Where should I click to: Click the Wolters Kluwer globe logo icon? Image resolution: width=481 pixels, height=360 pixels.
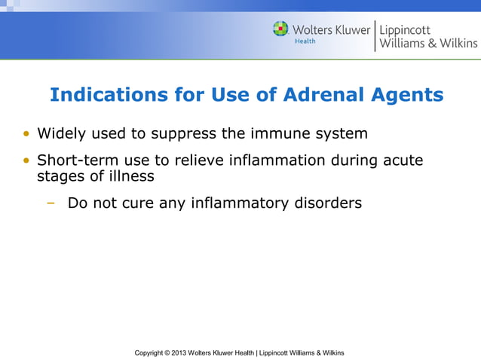(280, 29)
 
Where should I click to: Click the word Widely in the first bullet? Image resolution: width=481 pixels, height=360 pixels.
(61, 134)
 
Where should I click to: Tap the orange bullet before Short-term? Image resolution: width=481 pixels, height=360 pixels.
(27, 161)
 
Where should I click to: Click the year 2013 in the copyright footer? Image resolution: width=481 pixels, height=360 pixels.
(178, 352)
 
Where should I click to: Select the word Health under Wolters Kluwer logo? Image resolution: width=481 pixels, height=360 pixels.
(305, 41)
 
